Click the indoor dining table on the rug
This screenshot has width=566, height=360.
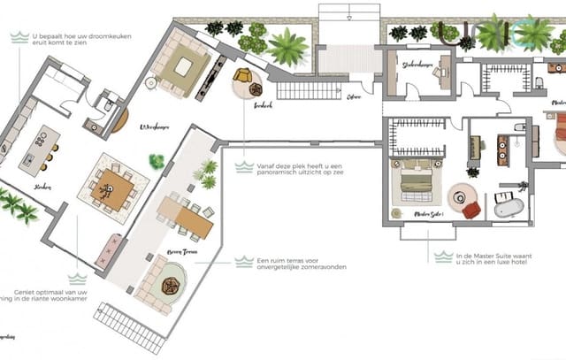[x=113, y=189]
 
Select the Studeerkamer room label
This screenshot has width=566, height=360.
[x=421, y=64]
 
